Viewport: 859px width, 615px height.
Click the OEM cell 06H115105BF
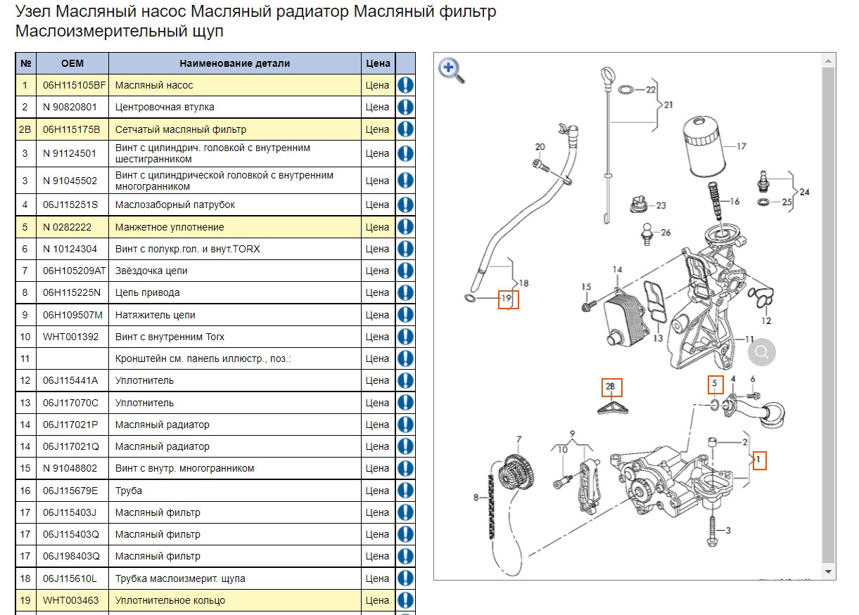[x=73, y=85]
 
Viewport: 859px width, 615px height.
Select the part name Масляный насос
[x=153, y=85]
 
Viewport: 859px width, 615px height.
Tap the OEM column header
[x=72, y=63]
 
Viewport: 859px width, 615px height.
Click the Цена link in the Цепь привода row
[x=377, y=292]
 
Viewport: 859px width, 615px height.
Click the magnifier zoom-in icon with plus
[x=451, y=70]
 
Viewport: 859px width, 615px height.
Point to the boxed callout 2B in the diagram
[x=611, y=387]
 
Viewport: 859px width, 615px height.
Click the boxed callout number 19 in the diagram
[x=508, y=299]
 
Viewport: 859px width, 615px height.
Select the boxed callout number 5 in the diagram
[x=715, y=384]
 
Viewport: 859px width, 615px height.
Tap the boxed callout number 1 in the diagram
[x=758, y=460]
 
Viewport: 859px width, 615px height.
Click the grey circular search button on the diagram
[x=761, y=352]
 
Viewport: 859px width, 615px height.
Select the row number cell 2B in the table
[x=25, y=129]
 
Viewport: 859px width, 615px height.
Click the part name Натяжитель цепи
[x=155, y=315]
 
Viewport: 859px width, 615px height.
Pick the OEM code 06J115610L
[x=70, y=578]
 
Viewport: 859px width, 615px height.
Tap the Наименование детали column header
[x=234, y=63]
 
